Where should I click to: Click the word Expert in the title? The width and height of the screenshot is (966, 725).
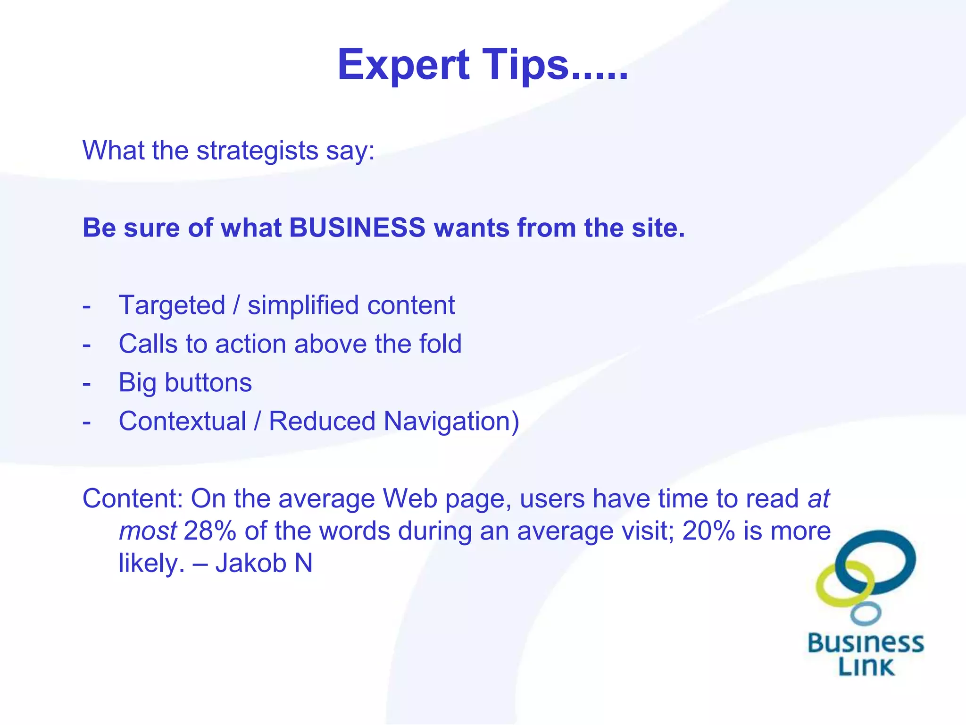pyautogui.click(x=403, y=65)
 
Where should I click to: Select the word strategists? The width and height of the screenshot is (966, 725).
pyautogui.click(x=257, y=151)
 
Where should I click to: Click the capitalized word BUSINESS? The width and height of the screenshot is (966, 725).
pyautogui.click(x=357, y=228)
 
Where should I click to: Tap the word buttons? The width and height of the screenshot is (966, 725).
pyautogui.click(x=208, y=382)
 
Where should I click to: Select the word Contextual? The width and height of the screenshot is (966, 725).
pyautogui.click(x=183, y=421)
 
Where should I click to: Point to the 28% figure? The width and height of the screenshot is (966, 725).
pyautogui.click(x=209, y=531)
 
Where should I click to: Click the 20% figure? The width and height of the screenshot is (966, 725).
pyautogui.click(x=708, y=531)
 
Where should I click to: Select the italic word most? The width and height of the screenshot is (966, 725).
pyautogui.click(x=148, y=531)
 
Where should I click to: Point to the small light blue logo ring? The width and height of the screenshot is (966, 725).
pyautogui.click(x=866, y=613)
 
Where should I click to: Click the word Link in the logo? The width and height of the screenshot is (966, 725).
pyautogui.click(x=866, y=666)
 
